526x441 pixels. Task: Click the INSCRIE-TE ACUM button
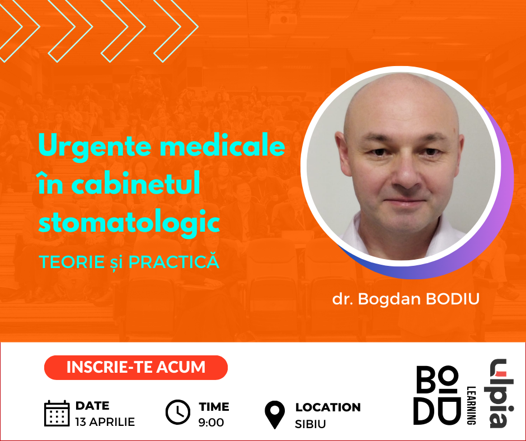(136, 368)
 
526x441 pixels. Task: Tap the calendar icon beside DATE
(57, 413)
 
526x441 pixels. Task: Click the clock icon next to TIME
(178, 412)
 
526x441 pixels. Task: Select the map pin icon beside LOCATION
(275, 415)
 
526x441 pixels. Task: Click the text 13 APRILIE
(105, 422)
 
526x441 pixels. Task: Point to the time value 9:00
(211, 422)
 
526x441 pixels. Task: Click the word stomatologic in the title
(129, 222)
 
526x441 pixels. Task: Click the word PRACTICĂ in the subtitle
(174, 262)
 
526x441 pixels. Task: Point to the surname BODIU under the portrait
(453, 299)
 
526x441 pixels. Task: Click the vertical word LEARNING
(471, 405)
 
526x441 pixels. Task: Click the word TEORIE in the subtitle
(72, 262)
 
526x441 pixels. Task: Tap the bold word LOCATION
(328, 407)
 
